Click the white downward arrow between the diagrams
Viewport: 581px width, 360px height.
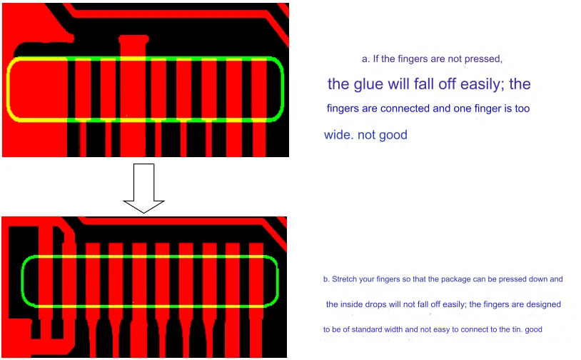(x=143, y=189)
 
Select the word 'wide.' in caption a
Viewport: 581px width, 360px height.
(x=338, y=134)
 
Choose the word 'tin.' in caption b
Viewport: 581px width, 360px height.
(x=517, y=329)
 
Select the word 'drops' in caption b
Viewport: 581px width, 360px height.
(x=375, y=305)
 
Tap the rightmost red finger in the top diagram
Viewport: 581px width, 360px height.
(x=259, y=108)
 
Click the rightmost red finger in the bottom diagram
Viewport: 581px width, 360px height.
(x=256, y=299)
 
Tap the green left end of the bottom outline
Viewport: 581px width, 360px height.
(x=24, y=281)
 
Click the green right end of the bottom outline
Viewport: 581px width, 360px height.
(x=276, y=281)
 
